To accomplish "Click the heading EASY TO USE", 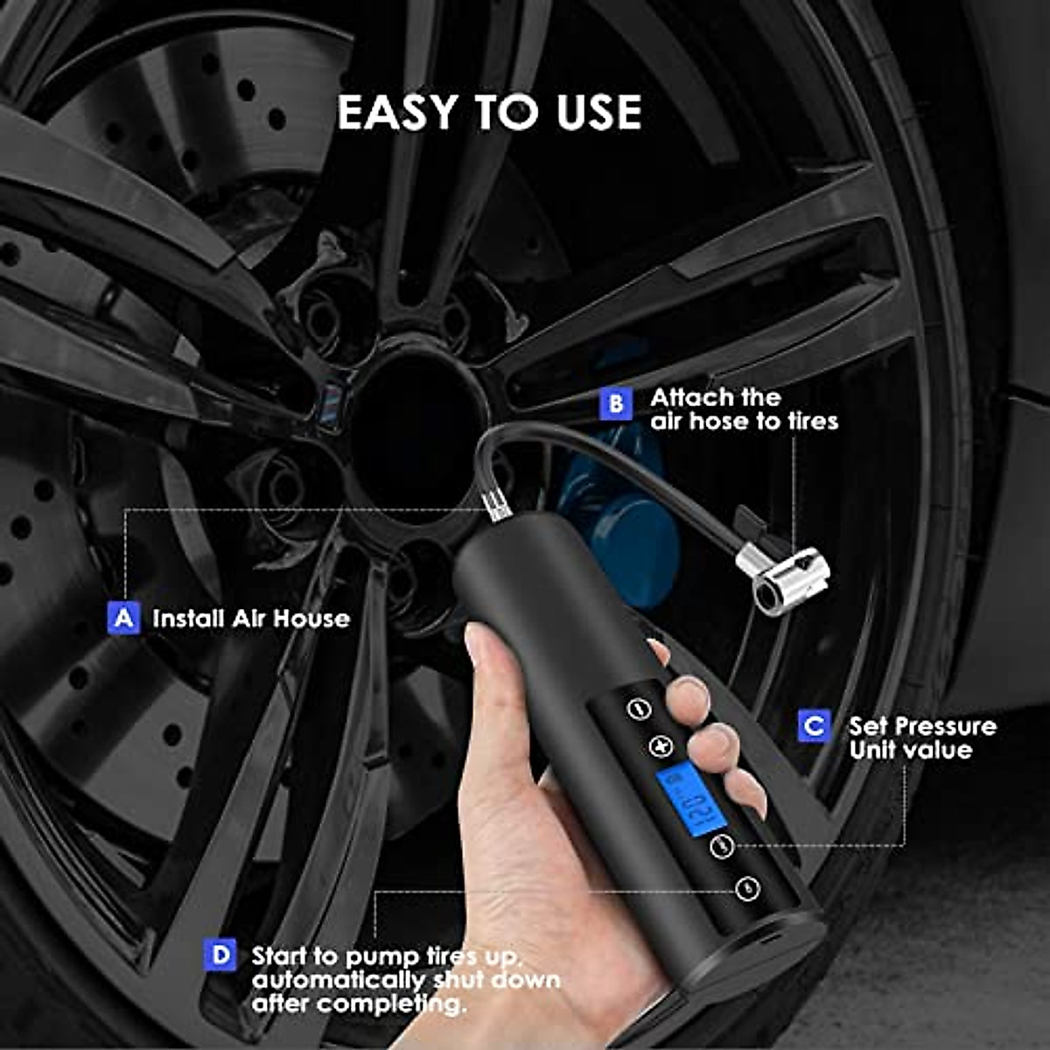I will (489, 113).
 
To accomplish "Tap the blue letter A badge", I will (123, 618).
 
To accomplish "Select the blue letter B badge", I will (616, 404).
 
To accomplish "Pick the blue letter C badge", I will (814, 725).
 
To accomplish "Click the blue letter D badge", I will (220, 955).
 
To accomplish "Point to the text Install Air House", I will (250, 619).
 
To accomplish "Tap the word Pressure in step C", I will (945, 726).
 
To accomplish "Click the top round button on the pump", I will (640, 708).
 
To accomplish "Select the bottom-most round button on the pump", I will (746, 889).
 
